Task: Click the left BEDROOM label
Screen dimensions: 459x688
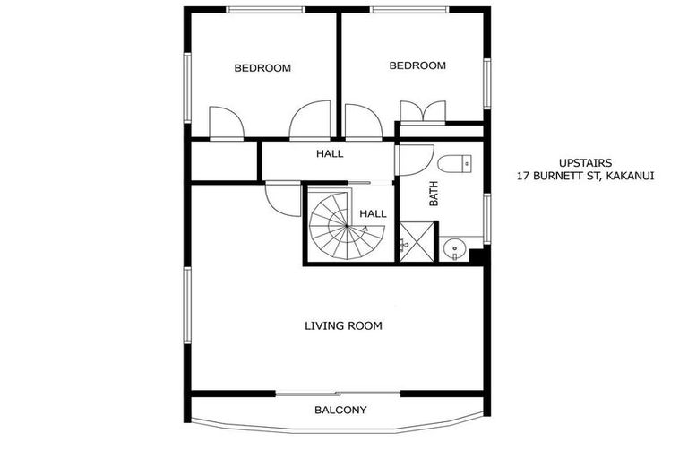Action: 262,68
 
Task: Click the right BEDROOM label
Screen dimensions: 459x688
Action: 417,65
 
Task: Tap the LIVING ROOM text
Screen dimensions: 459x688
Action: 343,326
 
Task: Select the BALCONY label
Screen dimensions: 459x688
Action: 340,411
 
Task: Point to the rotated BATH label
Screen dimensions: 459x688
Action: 434,195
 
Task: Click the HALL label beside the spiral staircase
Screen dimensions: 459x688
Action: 373,214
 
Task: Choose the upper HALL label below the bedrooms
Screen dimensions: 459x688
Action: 330,153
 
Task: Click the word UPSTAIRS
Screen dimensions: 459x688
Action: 584,162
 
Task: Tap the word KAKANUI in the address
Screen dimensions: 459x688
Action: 630,176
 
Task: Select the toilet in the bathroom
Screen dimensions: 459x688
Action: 456,163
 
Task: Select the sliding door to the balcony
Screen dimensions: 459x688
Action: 338,393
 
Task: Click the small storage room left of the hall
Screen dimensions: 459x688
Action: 224,160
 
